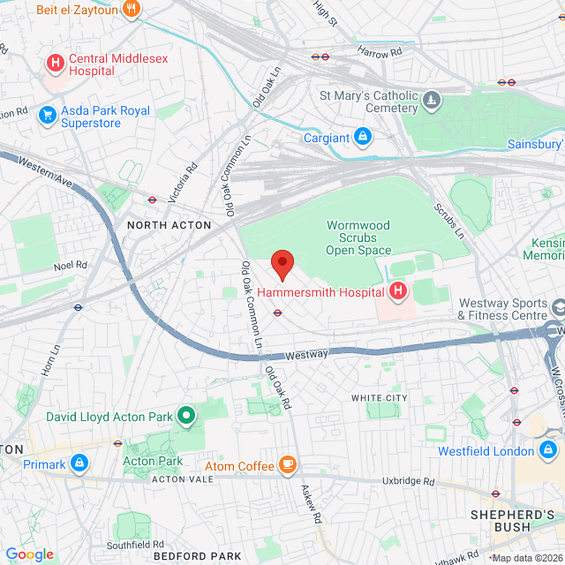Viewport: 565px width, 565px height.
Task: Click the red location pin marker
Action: click(282, 264)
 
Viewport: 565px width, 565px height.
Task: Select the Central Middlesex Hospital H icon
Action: click(56, 63)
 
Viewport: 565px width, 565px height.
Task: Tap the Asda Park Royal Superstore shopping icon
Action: click(47, 116)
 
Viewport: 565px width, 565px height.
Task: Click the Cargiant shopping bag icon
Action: click(362, 137)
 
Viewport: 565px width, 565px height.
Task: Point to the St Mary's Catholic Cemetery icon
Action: click(432, 99)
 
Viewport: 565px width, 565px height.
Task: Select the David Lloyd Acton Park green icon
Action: click(186, 414)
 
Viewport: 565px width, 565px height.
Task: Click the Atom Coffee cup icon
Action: click(287, 464)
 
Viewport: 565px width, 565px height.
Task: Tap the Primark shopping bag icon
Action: click(79, 462)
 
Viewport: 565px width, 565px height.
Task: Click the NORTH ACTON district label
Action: click(169, 225)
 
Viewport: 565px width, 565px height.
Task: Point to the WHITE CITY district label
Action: click(380, 398)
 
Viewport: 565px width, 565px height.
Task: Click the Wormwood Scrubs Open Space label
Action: click(358, 237)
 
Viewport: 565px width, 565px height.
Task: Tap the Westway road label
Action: click(307, 354)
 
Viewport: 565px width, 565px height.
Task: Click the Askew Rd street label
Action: click(309, 504)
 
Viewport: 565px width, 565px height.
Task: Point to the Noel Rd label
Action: click(71, 264)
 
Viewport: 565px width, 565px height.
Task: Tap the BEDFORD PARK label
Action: click(197, 557)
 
